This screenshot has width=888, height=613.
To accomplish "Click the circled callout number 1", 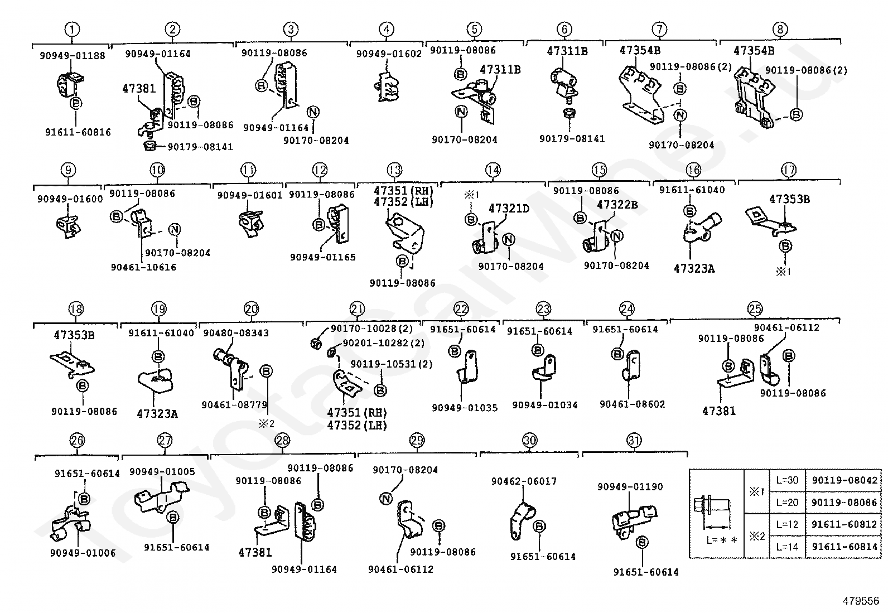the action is tap(72, 29).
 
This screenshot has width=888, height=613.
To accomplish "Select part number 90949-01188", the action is tap(73, 56).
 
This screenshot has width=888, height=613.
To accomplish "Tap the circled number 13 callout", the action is tap(394, 170).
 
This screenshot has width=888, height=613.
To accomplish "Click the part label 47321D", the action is tap(509, 208).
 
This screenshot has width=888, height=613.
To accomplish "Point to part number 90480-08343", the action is tap(236, 333).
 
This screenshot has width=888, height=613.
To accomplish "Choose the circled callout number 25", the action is tap(755, 308).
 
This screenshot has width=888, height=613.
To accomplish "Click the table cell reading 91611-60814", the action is tap(844, 547).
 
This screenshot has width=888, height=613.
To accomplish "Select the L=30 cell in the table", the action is tap(787, 480).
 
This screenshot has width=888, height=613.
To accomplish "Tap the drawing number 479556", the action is tap(861, 601).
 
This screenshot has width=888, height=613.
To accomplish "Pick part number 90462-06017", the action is tap(524, 481).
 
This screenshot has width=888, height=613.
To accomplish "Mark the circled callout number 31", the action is tap(634, 440).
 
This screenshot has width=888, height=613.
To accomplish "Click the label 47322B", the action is tap(617, 205).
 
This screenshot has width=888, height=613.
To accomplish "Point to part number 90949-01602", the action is tap(389, 54).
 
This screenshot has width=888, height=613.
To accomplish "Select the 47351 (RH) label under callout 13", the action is tap(404, 191).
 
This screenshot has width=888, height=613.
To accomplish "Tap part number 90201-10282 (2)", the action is tap(384, 343).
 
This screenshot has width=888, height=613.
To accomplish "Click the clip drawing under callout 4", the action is tap(387, 86).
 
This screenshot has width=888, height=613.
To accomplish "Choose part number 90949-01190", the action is tap(630, 486).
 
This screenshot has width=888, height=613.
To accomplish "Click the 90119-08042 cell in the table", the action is tap(844, 480).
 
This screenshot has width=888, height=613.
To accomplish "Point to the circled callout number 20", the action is tap(252, 308).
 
